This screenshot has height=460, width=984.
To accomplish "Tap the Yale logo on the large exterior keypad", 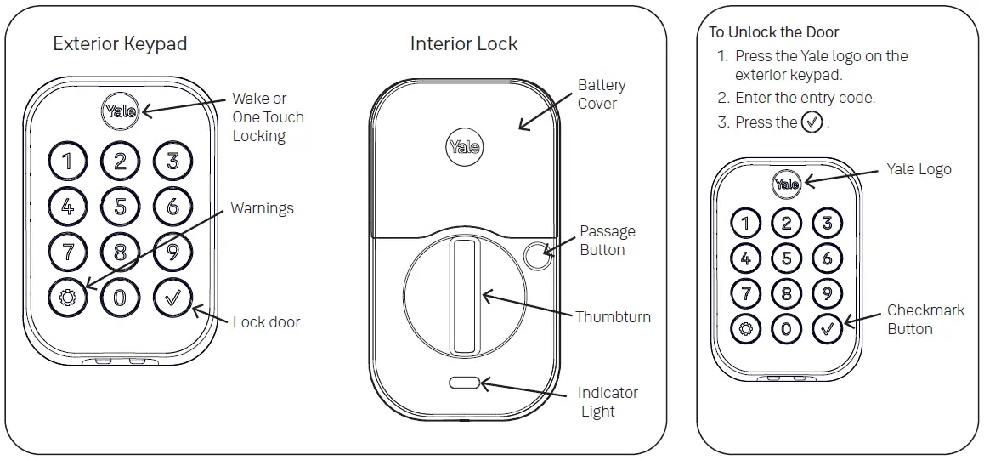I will click(121, 111).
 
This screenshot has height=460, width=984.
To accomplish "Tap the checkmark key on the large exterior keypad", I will click(172, 297).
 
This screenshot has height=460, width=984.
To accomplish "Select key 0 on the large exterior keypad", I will click(120, 297).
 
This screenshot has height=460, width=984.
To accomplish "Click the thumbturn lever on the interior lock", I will click(463, 296).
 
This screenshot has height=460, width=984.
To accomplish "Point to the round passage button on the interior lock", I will click(536, 253).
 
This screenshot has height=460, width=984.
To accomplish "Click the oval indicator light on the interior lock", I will click(464, 383).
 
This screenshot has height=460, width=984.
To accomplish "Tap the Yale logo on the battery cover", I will click(463, 147).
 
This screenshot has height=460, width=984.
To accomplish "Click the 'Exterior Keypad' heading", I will click(120, 43).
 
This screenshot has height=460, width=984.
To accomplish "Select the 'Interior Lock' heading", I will click(463, 43).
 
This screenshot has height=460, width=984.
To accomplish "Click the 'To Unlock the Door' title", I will click(773, 32).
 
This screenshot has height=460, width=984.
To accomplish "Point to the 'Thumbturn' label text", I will click(613, 317).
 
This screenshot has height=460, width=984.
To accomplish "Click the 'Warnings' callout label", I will click(262, 208).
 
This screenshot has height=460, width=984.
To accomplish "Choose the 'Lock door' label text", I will click(266, 322).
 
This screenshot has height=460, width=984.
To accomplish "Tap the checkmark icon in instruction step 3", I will click(812, 122).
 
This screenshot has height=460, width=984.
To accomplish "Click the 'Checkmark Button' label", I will click(925, 320).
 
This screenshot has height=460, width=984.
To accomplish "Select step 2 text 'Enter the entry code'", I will click(804, 98).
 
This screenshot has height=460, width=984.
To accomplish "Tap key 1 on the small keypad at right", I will click(745, 224).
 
